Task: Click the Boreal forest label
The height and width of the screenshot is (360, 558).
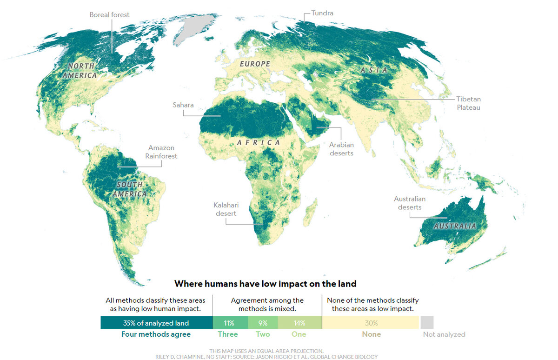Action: [109, 15]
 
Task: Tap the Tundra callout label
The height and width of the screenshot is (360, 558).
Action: [322, 13]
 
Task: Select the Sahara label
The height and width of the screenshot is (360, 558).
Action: [183, 105]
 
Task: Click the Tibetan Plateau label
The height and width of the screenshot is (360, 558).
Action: [468, 103]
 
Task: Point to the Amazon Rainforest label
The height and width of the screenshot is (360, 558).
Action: [161, 152]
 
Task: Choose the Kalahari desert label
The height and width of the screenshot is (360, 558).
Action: [225, 209]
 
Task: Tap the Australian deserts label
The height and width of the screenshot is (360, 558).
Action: [410, 203]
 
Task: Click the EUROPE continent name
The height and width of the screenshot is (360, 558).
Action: [255, 64]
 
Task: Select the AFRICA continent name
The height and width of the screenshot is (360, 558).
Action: [259, 142]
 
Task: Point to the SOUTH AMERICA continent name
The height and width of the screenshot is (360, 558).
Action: [131, 189]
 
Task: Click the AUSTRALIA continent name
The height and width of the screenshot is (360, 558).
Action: [455, 226]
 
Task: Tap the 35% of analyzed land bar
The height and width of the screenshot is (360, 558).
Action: [156, 323]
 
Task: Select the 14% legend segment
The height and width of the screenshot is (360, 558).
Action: [299, 323]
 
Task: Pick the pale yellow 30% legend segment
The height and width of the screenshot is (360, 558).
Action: [371, 323]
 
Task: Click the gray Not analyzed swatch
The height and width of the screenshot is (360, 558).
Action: [427, 322]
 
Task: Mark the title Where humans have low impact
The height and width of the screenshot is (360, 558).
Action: [265, 283]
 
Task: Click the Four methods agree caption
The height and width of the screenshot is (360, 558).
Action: [156, 334]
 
